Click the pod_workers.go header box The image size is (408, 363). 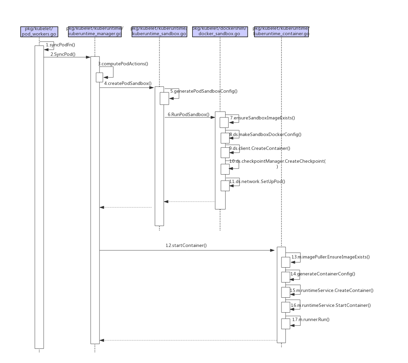click(x=39, y=31)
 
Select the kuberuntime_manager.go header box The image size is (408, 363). click(x=95, y=31)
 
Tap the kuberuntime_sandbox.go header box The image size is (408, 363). click(x=159, y=31)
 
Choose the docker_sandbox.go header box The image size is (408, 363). click(x=220, y=31)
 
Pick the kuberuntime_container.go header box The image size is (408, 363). click(x=281, y=31)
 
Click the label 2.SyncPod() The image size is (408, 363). click(x=63, y=54)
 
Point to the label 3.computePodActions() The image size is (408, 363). click(x=123, y=64)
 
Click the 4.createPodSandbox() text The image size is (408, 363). click(x=128, y=83)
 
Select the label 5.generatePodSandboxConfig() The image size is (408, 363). click(x=204, y=91)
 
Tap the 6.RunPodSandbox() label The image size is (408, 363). click(x=188, y=114)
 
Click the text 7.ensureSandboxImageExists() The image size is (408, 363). click(x=262, y=118)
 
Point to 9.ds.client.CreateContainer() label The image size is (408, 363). click(x=259, y=148)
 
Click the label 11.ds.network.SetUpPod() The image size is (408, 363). click(x=257, y=181)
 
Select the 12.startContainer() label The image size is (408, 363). click(x=186, y=245)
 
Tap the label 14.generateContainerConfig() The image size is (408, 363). click(x=323, y=274)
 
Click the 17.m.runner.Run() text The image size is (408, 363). click(x=311, y=319)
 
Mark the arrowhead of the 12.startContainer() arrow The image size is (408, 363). click(x=273, y=250)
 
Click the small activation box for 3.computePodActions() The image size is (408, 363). click(x=99, y=77)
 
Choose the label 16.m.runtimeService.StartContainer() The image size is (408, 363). click(x=331, y=305)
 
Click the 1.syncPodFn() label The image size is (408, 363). click(x=61, y=45)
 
